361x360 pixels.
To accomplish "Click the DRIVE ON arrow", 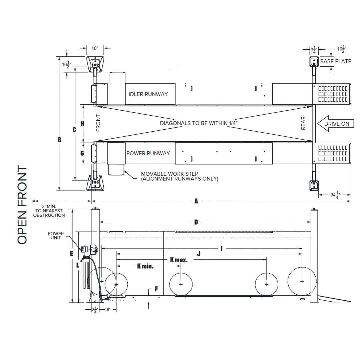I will point(335,124).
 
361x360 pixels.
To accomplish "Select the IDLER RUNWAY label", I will point(148,94).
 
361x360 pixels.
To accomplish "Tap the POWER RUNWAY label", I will point(148,153).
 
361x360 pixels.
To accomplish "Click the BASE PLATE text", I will point(335,61).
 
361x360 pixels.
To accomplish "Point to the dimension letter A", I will point(196,201).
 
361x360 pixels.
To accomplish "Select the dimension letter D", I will point(196,222).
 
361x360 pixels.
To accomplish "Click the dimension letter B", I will point(59,140).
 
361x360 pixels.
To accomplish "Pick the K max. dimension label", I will point(179,260).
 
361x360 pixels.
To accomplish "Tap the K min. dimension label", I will point(145,266).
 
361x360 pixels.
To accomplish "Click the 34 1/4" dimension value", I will point(335,195).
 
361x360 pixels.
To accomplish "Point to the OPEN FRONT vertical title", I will point(22,205).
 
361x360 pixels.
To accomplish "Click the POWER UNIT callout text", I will point(56,236).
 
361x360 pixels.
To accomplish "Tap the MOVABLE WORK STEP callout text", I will point(179,176).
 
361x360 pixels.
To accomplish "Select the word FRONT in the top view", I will point(98,123).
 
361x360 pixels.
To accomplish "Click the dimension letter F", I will point(156,289).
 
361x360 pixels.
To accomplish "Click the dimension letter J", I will point(199,254).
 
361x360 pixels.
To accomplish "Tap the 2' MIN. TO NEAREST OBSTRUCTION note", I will point(49,211).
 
